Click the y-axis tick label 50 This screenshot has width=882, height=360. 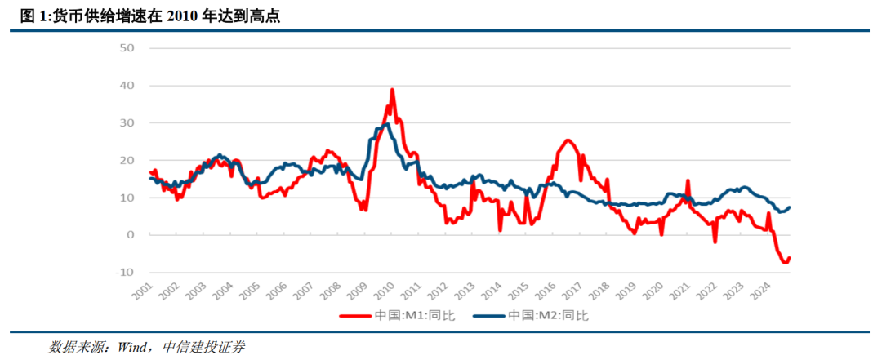click(x=129, y=48)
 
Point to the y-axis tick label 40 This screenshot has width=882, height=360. click(x=129, y=86)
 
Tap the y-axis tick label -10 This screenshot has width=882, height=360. click(x=127, y=272)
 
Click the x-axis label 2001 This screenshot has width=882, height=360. click(x=142, y=291)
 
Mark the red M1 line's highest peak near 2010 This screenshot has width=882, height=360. click(x=393, y=90)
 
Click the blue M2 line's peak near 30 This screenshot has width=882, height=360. click(x=383, y=125)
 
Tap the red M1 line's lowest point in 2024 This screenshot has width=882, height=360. click(x=785, y=262)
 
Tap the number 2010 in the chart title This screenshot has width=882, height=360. click(x=185, y=15)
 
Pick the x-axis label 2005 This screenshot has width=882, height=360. click(x=250, y=291)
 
